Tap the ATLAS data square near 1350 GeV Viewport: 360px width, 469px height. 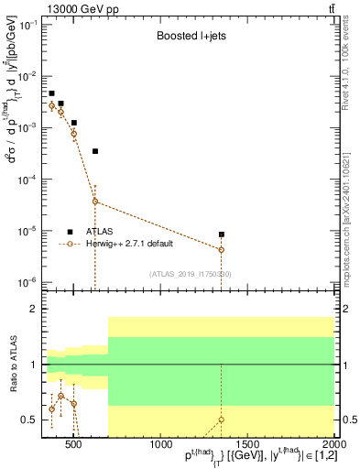[x=221, y=234]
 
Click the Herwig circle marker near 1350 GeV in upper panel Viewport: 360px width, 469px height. [x=221, y=249]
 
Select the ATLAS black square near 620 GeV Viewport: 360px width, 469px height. [x=95, y=151]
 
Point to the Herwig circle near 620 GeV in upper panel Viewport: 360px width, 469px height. [x=95, y=202]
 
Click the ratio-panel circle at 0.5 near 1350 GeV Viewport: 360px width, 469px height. [x=221, y=420]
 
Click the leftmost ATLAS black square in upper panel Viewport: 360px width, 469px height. [x=52, y=93]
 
